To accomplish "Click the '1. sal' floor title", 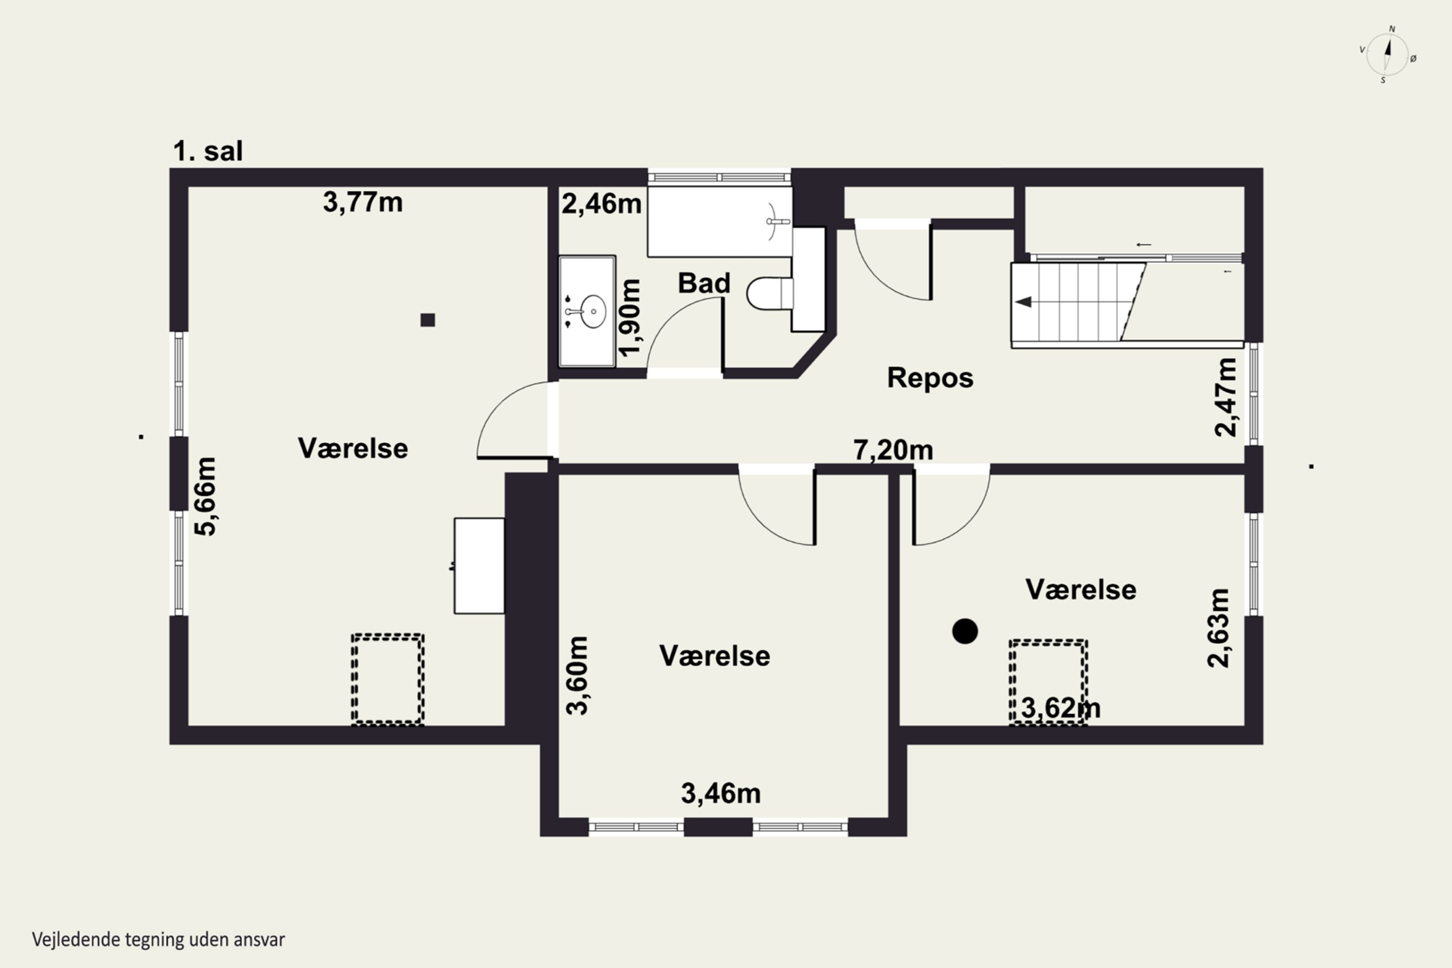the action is (208, 151).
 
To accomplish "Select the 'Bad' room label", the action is (704, 283).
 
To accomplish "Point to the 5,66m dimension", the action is (206, 497).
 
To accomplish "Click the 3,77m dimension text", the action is (363, 202).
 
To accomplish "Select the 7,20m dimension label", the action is (893, 450).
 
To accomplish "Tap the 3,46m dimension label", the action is (721, 793).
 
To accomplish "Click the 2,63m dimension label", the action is (1218, 628).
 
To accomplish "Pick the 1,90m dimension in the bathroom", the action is (630, 318).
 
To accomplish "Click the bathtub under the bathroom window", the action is (720, 222).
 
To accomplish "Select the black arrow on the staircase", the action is (1024, 302).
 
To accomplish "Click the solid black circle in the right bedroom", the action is (965, 631).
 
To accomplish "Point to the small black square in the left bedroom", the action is (428, 320).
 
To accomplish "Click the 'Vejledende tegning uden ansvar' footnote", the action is (159, 939).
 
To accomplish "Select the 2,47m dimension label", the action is (1225, 397).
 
